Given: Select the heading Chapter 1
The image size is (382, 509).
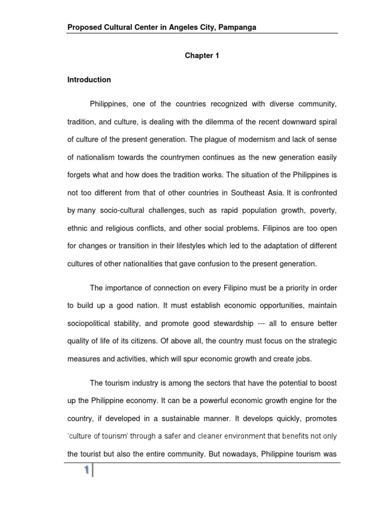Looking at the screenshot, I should pos(202,56).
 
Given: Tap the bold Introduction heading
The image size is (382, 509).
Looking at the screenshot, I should pos(89,80).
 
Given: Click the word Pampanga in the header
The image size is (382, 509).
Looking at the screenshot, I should pos(237,27).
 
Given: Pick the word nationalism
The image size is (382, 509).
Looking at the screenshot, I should pos(96,157).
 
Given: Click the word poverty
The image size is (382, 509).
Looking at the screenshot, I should pos(323,210).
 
